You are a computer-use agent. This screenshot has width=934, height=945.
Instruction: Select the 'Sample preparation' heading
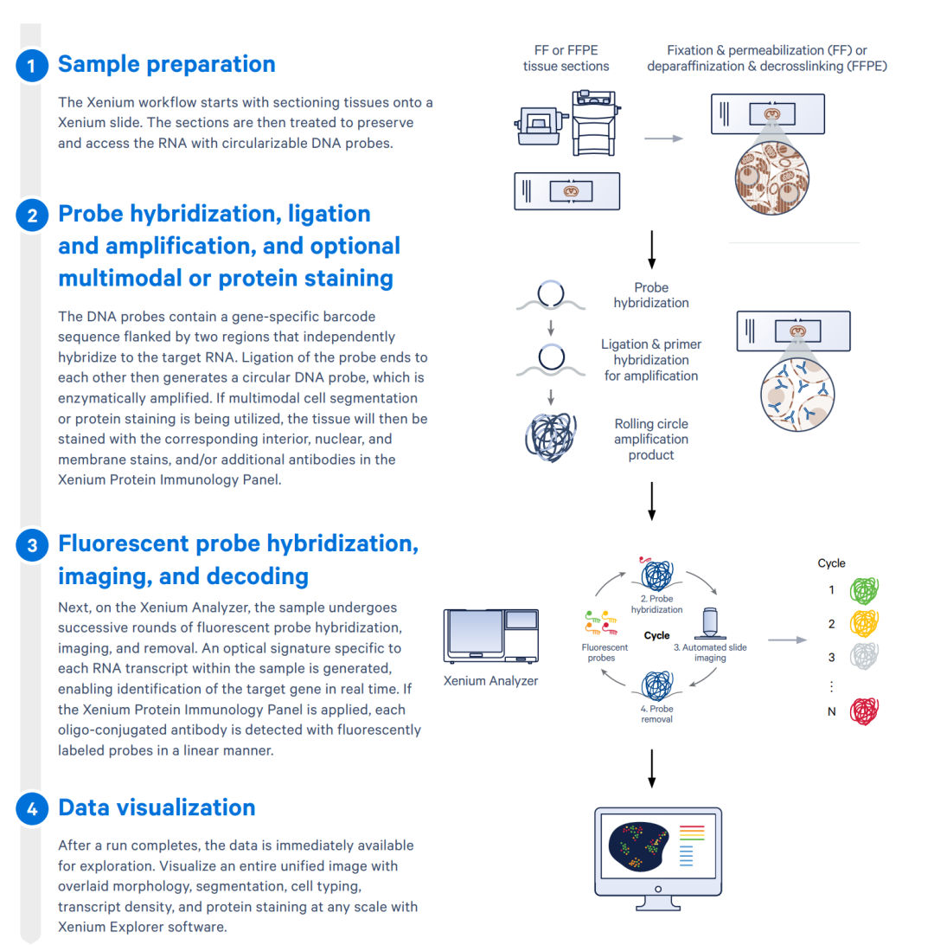pyautogui.click(x=166, y=64)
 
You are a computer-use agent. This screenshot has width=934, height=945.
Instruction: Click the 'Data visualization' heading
pyautogui.click(x=157, y=807)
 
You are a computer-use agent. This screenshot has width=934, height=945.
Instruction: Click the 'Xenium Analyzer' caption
pyautogui.click(x=491, y=681)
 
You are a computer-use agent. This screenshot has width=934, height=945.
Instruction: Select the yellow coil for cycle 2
pyautogui.click(x=865, y=623)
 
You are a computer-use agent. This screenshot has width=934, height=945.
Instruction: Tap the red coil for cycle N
pyautogui.click(x=865, y=711)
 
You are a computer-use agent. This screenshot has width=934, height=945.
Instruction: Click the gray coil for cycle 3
pyautogui.click(x=865, y=657)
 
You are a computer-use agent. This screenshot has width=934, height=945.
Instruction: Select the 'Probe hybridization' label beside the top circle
pyautogui.click(x=651, y=295)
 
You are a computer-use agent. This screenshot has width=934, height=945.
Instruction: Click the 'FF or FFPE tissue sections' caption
pyautogui.click(x=566, y=59)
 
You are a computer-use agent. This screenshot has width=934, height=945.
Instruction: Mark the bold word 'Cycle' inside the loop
pyautogui.click(x=657, y=635)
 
